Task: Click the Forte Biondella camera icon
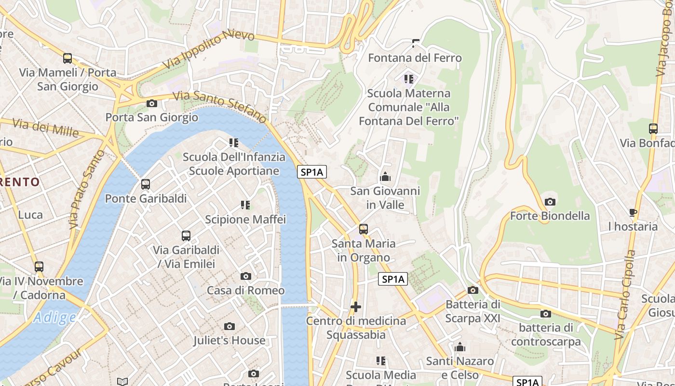[550, 202]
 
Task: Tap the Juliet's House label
[229, 340]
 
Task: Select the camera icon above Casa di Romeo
[246, 276]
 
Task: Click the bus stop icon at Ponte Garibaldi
[146, 184]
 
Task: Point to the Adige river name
[55, 317]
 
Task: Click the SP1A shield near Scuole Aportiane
[312, 172]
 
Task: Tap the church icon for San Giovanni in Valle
[385, 177]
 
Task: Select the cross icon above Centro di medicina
[356, 306]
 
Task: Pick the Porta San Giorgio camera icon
[152, 103]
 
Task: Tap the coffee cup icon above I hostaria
[633, 212]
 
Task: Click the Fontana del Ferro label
[415, 58]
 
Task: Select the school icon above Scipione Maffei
[245, 205]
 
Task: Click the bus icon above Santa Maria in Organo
[364, 229]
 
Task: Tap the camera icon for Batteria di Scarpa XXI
[473, 290]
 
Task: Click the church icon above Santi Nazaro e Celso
[460, 347]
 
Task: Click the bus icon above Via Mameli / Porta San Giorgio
[67, 58]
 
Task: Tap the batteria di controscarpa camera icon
[546, 314]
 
